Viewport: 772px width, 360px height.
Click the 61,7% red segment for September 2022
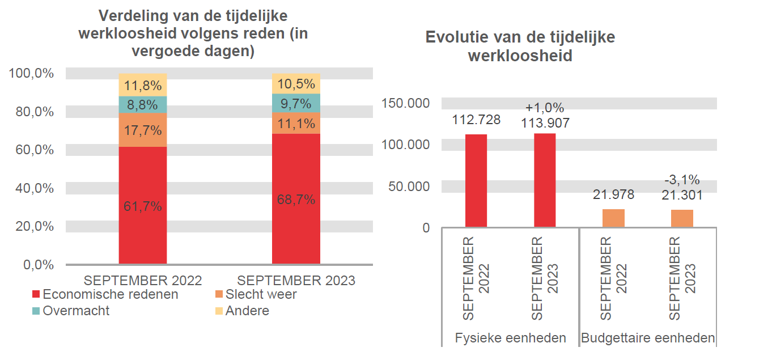143,205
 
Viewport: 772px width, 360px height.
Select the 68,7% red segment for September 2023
296,199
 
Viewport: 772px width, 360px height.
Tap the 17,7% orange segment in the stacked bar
143,130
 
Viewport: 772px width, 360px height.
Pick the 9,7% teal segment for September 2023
296,103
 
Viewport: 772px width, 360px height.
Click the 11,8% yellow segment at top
143,85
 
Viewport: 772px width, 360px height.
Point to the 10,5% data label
296,84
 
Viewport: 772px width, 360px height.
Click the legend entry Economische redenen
110,294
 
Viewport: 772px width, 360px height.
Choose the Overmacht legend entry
76,311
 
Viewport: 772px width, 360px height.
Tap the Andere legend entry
247,311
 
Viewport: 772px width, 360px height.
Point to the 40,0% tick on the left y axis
35,188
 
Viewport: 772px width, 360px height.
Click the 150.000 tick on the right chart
405,103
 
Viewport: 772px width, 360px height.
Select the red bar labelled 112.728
476,180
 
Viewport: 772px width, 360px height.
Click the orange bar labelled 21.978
613,218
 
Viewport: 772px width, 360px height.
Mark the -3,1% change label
682,180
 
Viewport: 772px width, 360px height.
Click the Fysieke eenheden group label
510,338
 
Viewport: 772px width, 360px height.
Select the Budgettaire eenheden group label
648,338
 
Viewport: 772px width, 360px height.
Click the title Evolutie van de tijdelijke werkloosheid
520,46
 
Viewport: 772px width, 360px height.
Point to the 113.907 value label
545,122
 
